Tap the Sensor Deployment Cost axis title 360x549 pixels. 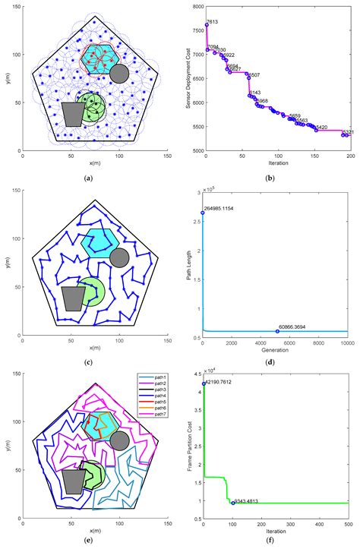pos(186,79)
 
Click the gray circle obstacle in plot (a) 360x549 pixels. pos(118,74)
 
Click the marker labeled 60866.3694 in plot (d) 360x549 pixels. pos(278,331)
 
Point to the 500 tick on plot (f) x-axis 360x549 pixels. pos(348,525)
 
